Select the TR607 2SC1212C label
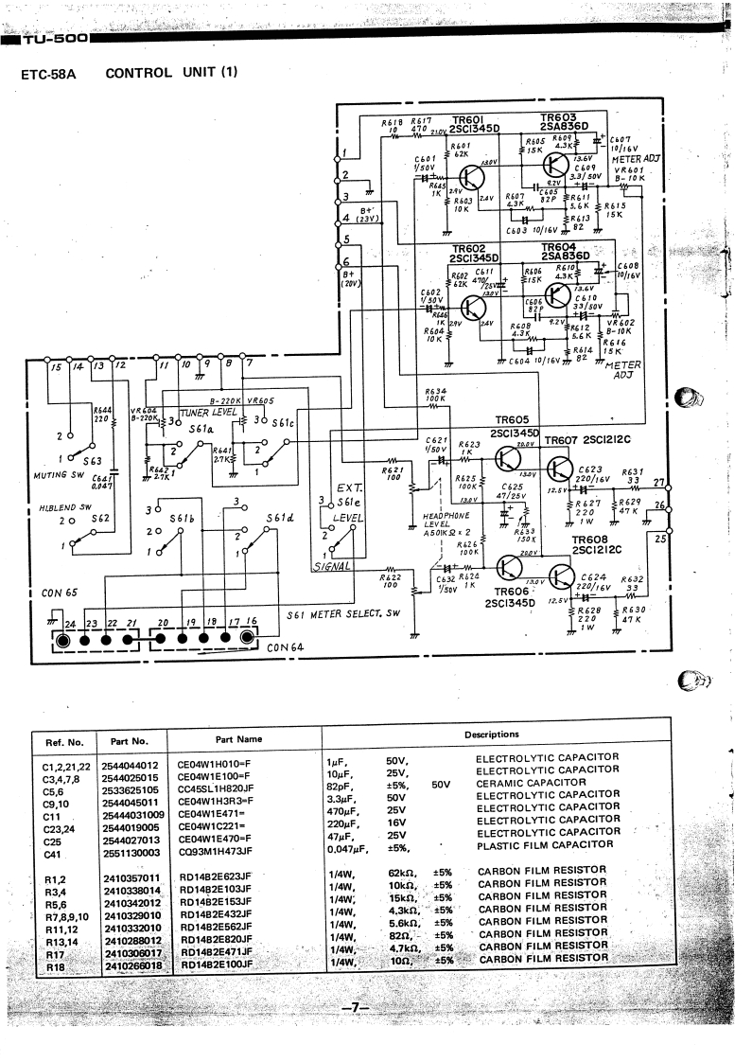coord(588,440)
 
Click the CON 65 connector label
coord(60,593)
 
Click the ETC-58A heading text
coord(55,73)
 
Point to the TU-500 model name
coord(58,40)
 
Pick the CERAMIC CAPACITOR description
coord(531,783)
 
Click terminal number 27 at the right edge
coord(659,483)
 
